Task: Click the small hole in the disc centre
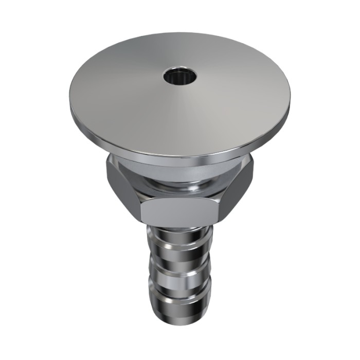181,78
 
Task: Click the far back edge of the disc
180,34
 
